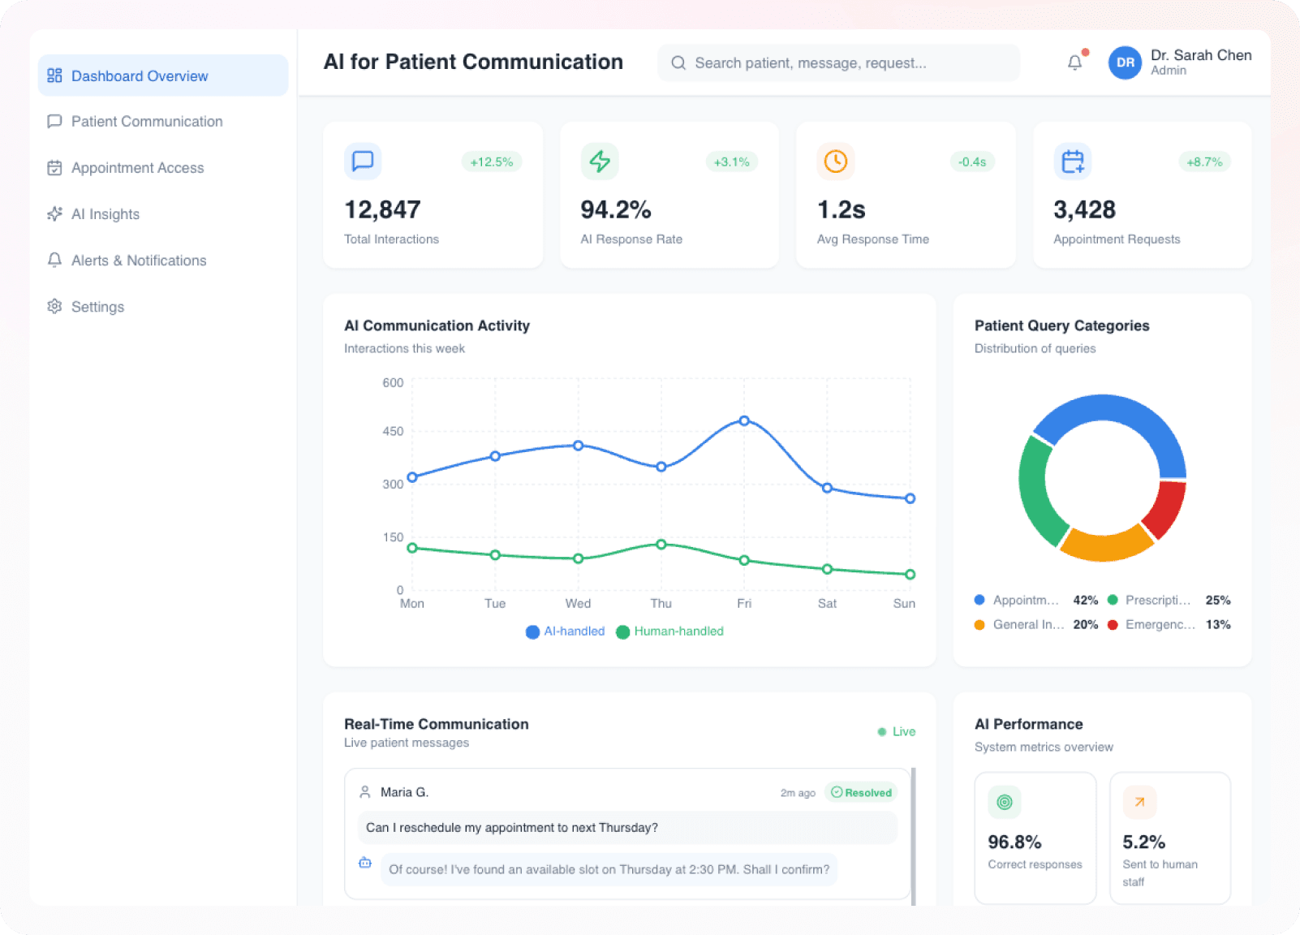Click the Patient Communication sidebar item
click(x=146, y=122)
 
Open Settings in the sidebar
click(x=97, y=307)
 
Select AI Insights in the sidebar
click(x=105, y=214)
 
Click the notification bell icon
click(x=1074, y=62)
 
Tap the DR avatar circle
click(x=1125, y=62)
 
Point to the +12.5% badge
click(x=491, y=162)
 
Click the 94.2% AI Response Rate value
click(x=615, y=210)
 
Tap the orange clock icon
click(x=835, y=162)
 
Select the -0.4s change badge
click(x=971, y=162)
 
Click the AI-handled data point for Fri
click(x=744, y=420)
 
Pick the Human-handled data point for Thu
click(x=661, y=545)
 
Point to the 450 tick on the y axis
click(x=393, y=431)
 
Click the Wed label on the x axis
click(x=578, y=603)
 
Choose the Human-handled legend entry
click(x=669, y=631)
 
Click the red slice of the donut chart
click(x=1166, y=509)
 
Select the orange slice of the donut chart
click(x=1106, y=545)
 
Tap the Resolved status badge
click(x=861, y=792)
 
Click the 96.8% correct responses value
click(x=1014, y=842)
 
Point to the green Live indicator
click(x=897, y=731)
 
